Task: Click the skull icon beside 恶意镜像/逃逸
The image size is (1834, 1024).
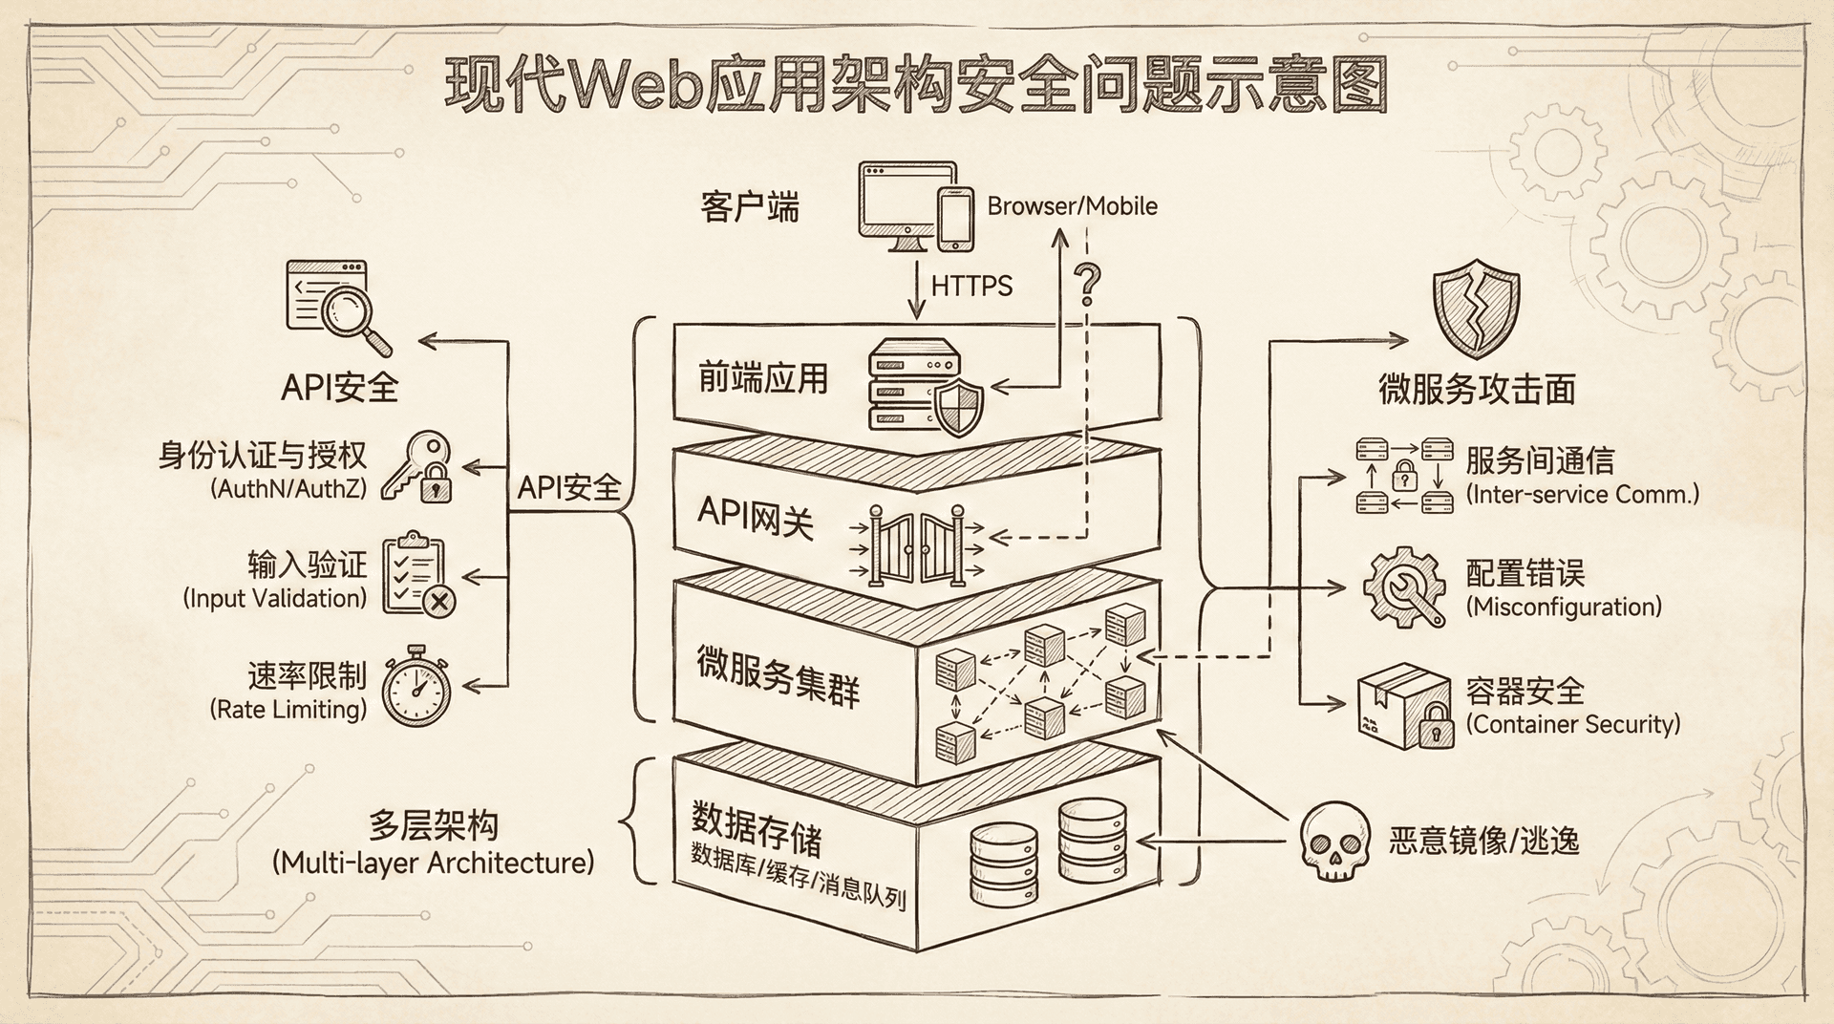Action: [1335, 841]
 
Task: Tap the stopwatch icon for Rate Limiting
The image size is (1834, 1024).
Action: [416, 687]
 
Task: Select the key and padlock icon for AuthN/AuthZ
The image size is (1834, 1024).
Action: [417, 468]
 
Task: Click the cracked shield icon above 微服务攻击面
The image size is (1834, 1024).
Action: [1476, 311]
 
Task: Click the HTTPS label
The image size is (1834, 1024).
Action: [970, 286]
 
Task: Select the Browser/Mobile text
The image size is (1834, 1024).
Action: [1072, 206]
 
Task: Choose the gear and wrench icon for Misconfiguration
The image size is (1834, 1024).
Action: [1403, 587]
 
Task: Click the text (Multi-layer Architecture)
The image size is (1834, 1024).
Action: [433, 863]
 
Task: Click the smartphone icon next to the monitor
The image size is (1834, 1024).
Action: [955, 219]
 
